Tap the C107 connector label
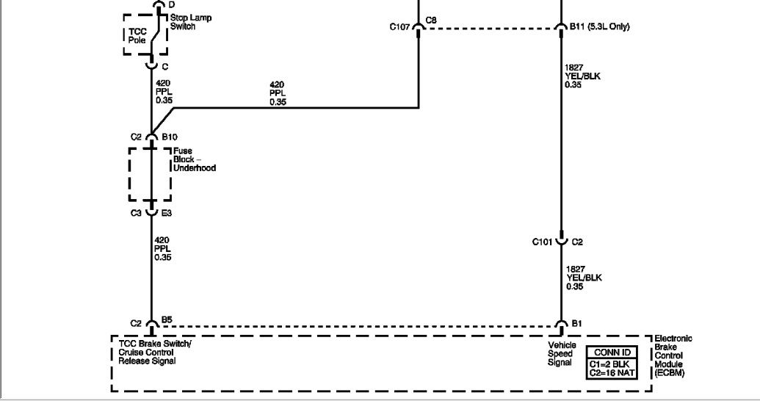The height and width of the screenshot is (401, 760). tap(401, 27)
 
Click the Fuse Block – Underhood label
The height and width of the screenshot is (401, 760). tap(195, 159)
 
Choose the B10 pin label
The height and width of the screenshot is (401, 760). tap(170, 137)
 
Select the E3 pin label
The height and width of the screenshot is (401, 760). tap(167, 214)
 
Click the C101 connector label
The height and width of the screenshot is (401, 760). tap(544, 241)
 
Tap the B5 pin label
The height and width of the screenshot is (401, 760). tap(167, 320)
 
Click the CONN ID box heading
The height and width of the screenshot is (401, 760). tap(610, 353)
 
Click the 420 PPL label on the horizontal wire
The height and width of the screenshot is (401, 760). tap(278, 93)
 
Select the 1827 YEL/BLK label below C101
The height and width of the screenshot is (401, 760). tap(584, 277)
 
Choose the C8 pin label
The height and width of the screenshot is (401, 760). tap(431, 20)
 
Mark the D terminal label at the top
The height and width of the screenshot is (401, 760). tap(171, 4)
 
